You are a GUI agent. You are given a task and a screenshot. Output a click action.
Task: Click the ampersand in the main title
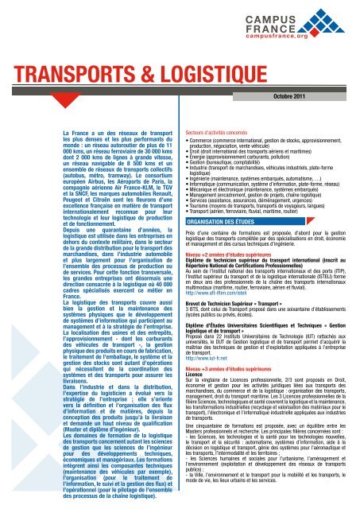click(117, 92)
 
